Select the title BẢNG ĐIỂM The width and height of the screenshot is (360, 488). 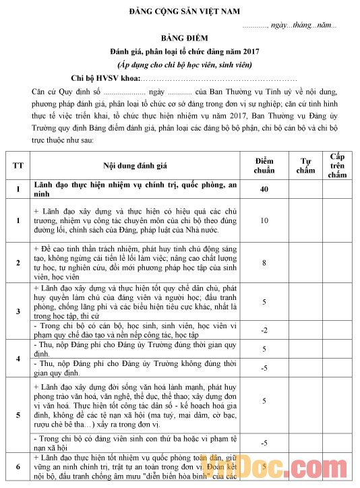click(180, 38)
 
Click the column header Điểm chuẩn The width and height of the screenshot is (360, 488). click(264, 165)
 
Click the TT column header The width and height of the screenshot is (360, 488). click(17, 165)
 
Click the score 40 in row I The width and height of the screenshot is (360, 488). click(264, 189)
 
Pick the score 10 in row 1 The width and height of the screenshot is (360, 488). click(264, 220)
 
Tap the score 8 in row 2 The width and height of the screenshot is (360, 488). click(264, 262)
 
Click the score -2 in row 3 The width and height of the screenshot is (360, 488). click(264, 330)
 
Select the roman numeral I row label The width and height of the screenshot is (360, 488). click(17, 189)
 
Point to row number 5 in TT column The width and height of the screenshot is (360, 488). click(17, 414)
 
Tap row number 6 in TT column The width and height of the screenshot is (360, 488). click(17, 467)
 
